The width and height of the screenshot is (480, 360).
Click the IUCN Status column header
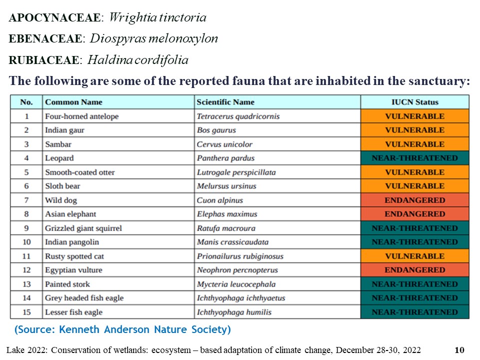coord(414,102)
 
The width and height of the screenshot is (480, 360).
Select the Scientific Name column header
coord(225,102)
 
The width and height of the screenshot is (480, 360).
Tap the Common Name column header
coord(73,102)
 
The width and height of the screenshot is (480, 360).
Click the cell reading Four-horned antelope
coord(81,116)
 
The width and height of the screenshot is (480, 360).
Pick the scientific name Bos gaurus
coord(216,130)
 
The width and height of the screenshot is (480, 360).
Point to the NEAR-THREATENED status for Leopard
coord(414,158)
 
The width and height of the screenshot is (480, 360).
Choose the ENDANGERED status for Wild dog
coord(414,200)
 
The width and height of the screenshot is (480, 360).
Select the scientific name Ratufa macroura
coord(226,228)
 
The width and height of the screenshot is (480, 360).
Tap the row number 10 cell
coord(26,242)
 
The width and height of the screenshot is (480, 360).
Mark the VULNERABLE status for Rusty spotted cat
coord(414,256)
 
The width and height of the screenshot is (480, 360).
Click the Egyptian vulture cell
coord(73,270)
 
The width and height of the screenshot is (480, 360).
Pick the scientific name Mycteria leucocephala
coord(236,284)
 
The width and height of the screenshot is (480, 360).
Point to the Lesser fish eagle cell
coord(73,312)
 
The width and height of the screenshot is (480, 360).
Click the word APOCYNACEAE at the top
coord(55,18)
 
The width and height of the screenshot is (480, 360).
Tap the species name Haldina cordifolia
coord(138,60)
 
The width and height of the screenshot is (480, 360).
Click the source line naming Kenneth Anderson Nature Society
coord(122,330)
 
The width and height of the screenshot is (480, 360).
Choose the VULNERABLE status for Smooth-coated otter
coord(414,172)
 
